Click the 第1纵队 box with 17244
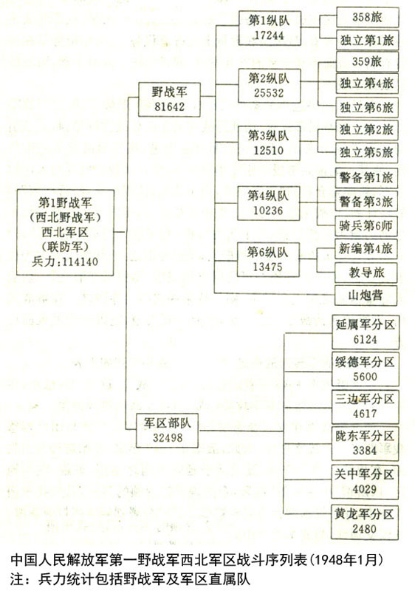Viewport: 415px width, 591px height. tap(270, 28)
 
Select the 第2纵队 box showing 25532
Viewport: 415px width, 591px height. tap(270, 86)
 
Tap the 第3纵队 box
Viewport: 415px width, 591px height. tap(269, 143)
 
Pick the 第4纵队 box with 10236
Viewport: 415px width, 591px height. tap(269, 203)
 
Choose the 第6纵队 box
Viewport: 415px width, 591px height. tap(268, 260)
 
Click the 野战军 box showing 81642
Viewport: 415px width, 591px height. tap(169, 100)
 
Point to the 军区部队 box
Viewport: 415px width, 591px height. tap(167, 431)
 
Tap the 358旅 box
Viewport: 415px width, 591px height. tap(367, 17)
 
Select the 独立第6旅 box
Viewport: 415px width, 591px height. tap(367, 107)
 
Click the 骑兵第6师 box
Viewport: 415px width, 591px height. tap(366, 226)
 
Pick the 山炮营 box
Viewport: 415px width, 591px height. tap(366, 295)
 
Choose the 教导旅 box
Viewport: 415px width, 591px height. tap(366, 272)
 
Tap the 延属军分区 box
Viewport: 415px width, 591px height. tap(366, 332)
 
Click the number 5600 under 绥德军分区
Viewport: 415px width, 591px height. tap(365, 377)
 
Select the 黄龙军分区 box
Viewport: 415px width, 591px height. tap(365, 522)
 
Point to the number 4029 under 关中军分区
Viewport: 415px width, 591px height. tap(364, 489)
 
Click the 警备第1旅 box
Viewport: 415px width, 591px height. tap(366, 178)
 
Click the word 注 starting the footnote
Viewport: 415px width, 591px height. tap(17, 579)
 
